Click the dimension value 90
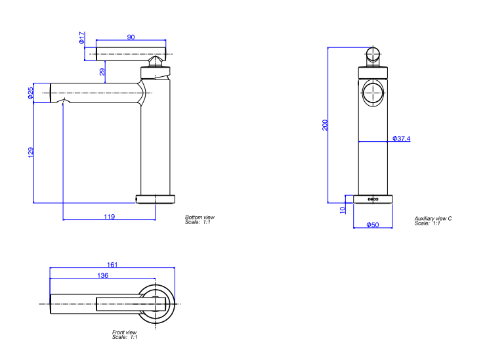(131, 37)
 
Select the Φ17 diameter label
(82, 37)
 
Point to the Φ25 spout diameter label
(30, 93)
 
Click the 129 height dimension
(30, 152)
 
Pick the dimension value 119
(109, 216)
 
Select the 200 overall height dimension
(324, 125)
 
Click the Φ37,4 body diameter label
(401, 139)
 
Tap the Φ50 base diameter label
(372, 225)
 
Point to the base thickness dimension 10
(342, 210)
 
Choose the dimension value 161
(112, 265)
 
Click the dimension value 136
(102, 276)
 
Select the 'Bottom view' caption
(200, 217)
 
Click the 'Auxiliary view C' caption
(433, 218)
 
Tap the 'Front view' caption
(125, 332)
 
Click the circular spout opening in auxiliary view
(372, 93)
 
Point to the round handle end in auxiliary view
(372, 55)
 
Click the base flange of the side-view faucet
(156, 198)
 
